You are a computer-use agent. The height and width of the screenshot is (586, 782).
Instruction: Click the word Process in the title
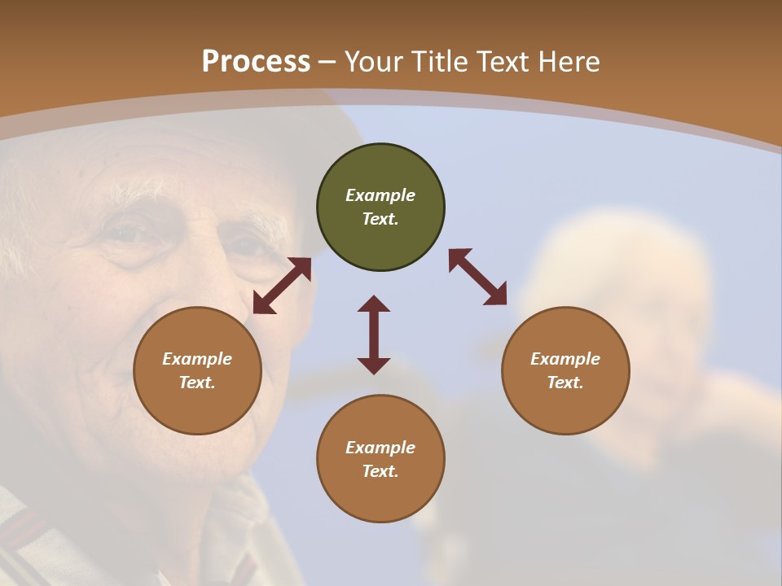pyautogui.click(x=256, y=62)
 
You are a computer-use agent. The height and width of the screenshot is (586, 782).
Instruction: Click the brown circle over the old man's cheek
pyautogui.click(x=197, y=370)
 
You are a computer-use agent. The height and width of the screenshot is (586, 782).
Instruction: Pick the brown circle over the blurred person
pyautogui.click(x=565, y=370)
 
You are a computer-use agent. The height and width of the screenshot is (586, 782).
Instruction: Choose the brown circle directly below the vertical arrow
pyautogui.click(x=380, y=458)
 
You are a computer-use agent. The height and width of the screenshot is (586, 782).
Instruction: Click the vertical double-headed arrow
pyautogui.click(x=374, y=335)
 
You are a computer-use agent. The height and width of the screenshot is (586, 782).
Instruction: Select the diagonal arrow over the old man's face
pyautogui.click(x=282, y=286)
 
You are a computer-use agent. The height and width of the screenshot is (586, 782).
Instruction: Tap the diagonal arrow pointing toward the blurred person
pyautogui.click(x=478, y=277)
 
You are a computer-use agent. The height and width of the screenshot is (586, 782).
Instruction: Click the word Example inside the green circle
pyautogui.click(x=380, y=195)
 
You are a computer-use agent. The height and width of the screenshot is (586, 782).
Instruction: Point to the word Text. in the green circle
pyautogui.click(x=380, y=219)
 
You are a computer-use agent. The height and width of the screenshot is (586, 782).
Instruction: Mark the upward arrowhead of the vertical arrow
pyautogui.click(x=374, y=304)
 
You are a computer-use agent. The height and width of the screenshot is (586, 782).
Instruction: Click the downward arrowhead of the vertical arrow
pyautogui.click(x=374, y=365)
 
